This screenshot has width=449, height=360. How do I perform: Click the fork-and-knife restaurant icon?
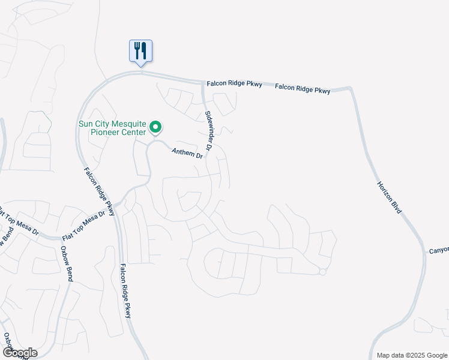[141, 50]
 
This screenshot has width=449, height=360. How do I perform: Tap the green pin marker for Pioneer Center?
[155, 127]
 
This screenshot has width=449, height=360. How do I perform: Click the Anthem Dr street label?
[188, 154]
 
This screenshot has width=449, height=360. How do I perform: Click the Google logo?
[20, 352]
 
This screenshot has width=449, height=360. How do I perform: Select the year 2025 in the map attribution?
[422, 355]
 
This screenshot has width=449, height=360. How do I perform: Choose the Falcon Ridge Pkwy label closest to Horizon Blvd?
[303, 89]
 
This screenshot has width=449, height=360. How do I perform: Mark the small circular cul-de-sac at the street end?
[322, 272]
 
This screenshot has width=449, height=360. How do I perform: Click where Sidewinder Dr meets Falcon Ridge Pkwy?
[202, 82]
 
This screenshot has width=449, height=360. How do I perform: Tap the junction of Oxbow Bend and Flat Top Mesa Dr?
[62, 238]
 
